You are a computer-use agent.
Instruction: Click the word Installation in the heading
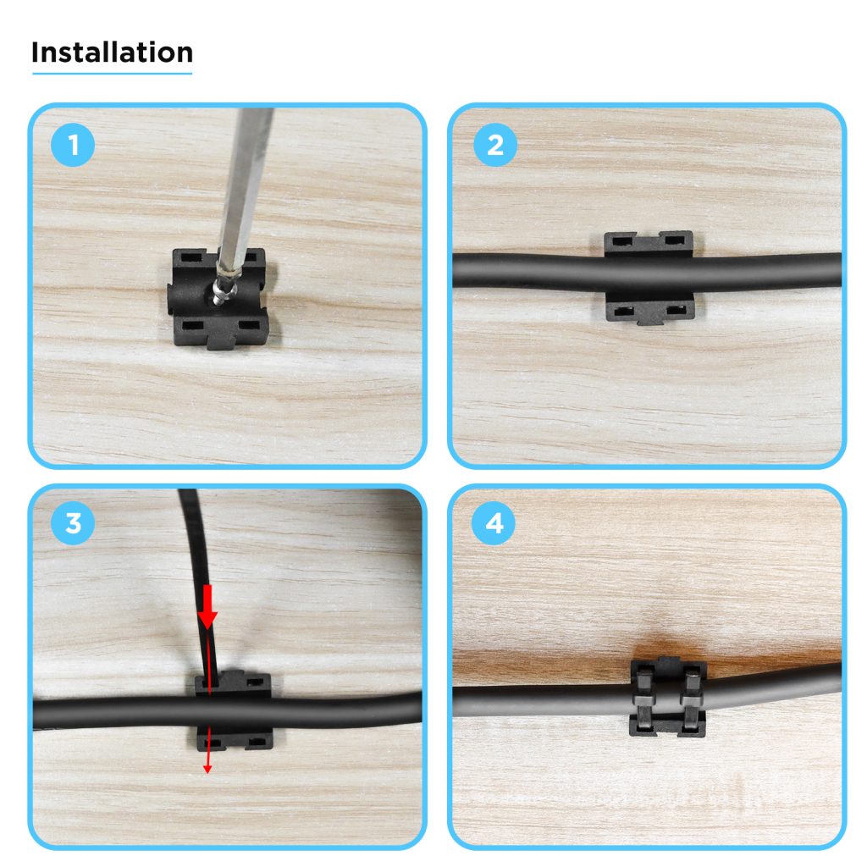112,52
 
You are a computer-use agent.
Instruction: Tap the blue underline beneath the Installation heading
112,74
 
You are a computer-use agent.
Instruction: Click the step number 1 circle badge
74,146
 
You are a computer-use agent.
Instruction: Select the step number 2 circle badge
494,146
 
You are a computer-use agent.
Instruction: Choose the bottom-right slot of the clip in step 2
675,311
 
